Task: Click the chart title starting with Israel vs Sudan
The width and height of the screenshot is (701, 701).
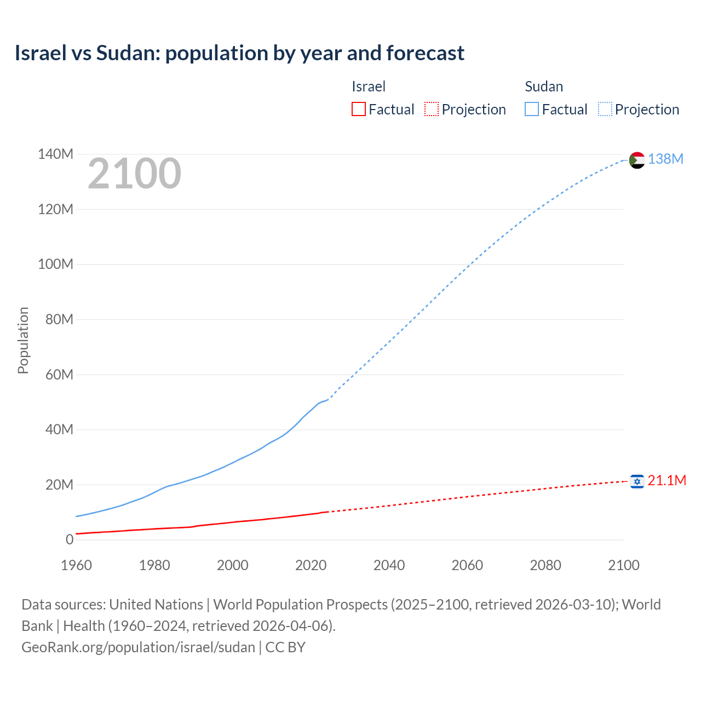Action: point(239,53)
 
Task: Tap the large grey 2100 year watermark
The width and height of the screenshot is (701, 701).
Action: point(134,174)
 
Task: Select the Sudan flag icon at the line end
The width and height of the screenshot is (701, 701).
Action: point(637,160)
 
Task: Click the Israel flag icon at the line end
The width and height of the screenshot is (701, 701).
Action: point(637,481)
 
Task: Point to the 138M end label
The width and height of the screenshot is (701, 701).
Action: point(665,159)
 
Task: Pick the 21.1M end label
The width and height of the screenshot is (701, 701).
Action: point(666,480)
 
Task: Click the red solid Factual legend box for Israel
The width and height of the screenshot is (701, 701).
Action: point(358,110)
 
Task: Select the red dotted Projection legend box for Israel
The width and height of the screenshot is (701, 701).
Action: point(432,110)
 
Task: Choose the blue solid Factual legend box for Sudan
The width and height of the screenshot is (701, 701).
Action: point(532,110)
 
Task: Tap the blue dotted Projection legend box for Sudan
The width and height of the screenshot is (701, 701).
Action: point(605,110)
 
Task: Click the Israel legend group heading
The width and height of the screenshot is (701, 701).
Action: point(369,87)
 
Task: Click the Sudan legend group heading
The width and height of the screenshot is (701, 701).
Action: point(544,87)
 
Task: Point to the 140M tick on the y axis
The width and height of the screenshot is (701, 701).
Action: point(55,154)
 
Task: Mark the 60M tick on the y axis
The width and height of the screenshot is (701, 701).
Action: point(59,375)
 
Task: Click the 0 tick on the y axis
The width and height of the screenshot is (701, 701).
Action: point(70,540)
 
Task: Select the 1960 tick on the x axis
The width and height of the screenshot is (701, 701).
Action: point(76,565)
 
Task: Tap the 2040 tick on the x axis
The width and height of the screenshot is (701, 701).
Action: point(389,565)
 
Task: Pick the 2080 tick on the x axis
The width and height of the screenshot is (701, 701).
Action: point(545,565)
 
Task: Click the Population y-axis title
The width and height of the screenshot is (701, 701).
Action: point(23,340)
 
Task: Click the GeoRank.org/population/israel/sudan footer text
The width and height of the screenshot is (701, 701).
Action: point(138,647)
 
